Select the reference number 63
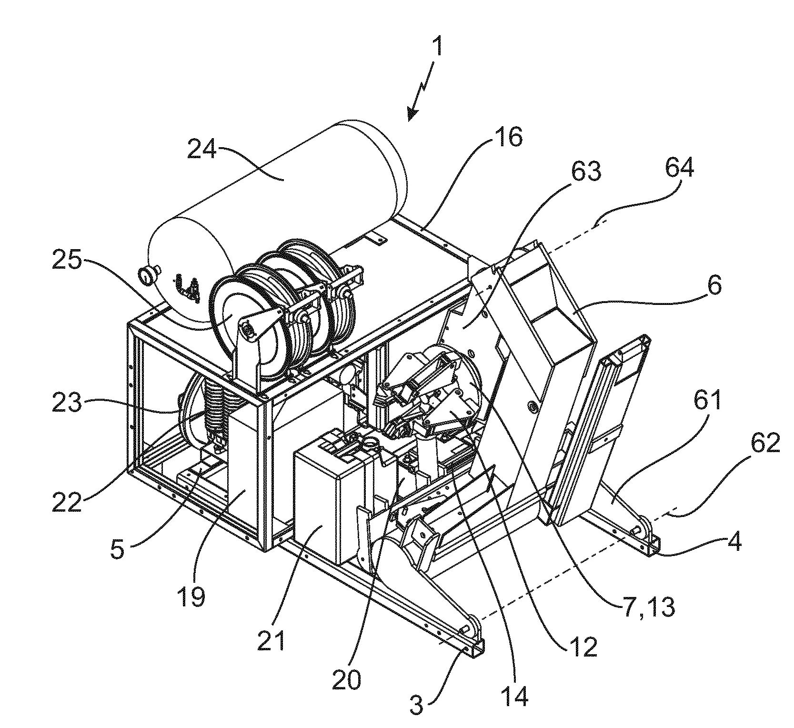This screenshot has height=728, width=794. click(x=586, y=171)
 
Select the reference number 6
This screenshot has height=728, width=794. click(x=714, y=286)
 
